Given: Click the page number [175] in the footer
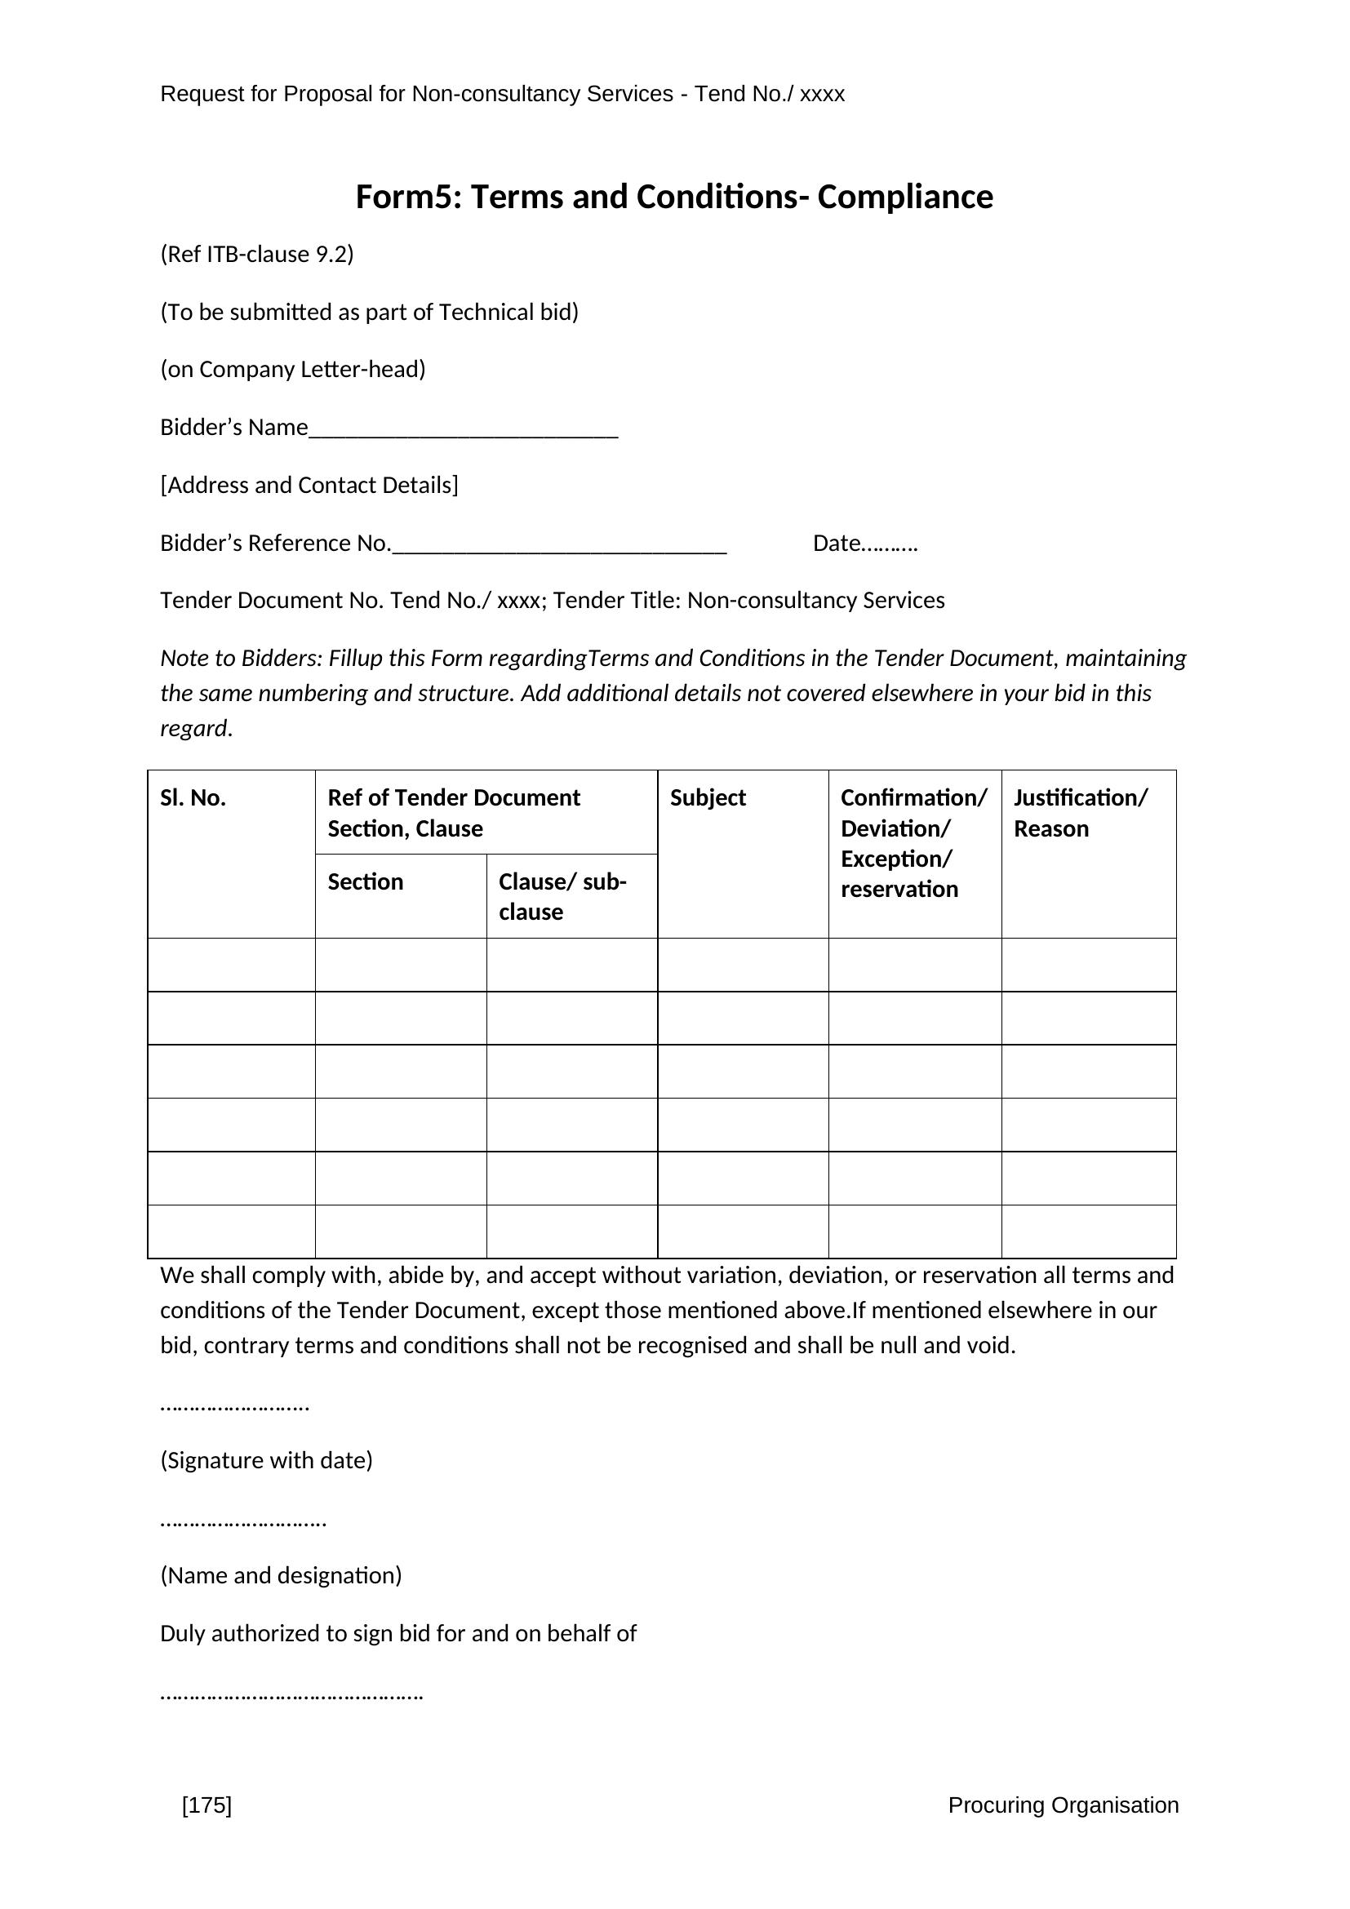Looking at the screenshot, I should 207,1827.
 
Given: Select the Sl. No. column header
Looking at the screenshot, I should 193,798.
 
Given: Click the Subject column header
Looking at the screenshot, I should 708,798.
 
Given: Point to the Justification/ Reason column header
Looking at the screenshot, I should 1080,813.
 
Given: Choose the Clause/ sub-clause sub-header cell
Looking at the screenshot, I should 563,896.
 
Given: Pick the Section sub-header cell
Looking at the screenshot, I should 366,881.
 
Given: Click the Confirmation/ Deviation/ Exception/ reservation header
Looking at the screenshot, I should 913,843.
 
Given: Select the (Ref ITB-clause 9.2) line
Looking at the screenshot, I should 257,254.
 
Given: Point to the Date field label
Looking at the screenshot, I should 864,543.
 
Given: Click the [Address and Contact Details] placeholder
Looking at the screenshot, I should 309,485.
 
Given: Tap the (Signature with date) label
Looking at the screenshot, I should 266,1460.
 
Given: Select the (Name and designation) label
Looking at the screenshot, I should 281,1574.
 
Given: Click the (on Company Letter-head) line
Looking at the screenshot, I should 293,369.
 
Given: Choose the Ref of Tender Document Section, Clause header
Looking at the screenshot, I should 453,813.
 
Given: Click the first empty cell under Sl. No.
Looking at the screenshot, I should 231,965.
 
